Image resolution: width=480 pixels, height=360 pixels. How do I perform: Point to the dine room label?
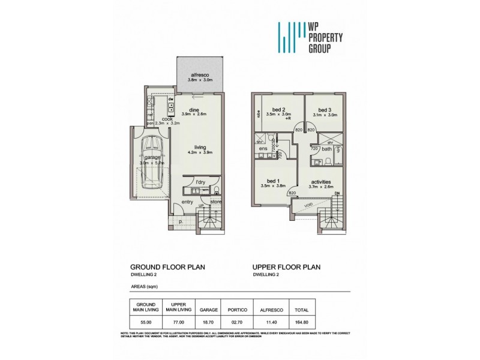point(194,109)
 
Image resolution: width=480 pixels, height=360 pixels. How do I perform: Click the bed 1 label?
point(273,181)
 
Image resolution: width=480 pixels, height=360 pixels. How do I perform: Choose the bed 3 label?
point(325,109)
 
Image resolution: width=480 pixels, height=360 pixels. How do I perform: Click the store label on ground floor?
point(215,202)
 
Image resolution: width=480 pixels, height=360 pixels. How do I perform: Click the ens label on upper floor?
point(262,148)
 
